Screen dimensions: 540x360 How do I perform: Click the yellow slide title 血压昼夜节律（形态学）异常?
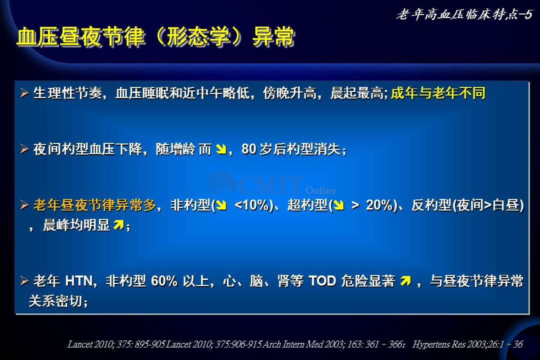pyautogui.click(x=155, y=36)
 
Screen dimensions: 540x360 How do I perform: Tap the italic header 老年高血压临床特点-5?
pyautogui.click(x=464, y=14)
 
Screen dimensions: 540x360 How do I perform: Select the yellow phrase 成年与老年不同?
pyautogui.click(x=438, y=93)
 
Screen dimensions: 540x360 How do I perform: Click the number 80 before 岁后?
pyautogui.click(x=249, y=149)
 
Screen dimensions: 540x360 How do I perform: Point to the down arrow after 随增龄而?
pyautogui.click(x=221, y=149)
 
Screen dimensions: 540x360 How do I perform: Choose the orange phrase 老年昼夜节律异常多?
pyautogui.click(x=94, y=205)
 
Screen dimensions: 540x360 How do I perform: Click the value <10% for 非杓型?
pyautogui.click(x=251, y=205)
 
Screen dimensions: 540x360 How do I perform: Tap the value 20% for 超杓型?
pyautogui.click(x=379, y=205)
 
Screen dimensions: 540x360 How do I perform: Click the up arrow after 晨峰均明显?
pyautogui.click(x=118, y=225)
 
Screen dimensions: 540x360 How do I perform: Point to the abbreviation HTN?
pyautogui.click(x=79, y=281)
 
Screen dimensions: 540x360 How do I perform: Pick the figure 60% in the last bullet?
pyautogui.click(x=164, y=281)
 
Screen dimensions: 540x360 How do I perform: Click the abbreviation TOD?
pyautogui.click(x=322, y=281)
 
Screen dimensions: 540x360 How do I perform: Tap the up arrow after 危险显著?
pyautogui.click(x=405, y=281)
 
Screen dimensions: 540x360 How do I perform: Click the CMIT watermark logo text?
pyautogui.click(x=270, y=185)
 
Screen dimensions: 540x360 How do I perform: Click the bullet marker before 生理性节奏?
pyautogui.click(x=24, y=93)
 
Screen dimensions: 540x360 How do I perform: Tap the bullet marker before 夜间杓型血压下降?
pyautogui.click(x=24, y=149)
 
